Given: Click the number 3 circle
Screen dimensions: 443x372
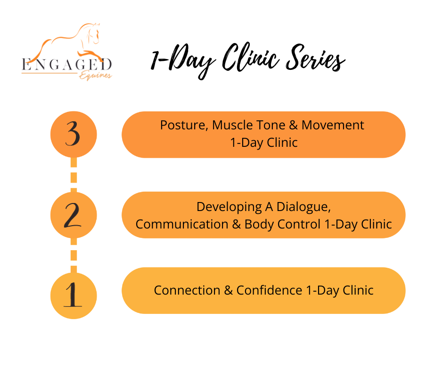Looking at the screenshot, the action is click(74, 135).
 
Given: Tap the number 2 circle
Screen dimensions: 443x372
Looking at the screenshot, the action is click(74, 215).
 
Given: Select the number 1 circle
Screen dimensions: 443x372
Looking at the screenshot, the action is click(74, 296).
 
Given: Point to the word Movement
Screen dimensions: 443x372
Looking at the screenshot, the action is click(333, 125).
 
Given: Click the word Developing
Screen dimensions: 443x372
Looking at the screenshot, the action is click(229, 207).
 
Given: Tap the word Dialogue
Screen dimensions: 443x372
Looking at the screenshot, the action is click(304, 207).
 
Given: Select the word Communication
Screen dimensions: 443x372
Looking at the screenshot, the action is click(182, 224).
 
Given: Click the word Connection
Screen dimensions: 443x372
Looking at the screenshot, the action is click(187, 290).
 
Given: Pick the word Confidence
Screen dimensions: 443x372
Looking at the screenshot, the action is click(269, 290).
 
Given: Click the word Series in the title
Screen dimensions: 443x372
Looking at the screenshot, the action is click(315, 58).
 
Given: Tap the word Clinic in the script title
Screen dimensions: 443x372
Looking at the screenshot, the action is click(250, 57).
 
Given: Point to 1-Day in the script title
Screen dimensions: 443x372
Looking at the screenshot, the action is click(183, 61).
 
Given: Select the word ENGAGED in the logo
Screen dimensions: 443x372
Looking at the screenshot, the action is click(67, 65).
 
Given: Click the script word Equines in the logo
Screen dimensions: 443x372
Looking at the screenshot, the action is click(95, 76).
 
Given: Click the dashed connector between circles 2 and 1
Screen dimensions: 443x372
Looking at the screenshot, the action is click(74, 255).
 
